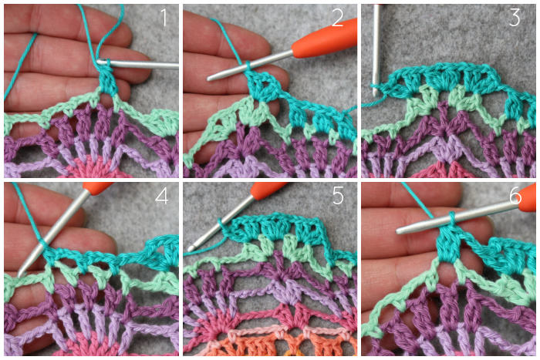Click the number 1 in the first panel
[x=164, y=18]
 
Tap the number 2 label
[x=338, y=18]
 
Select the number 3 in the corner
[x=515, y=18]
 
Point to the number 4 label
[x=161, y=196]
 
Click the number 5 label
[x=338, y=196]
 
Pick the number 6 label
[x=515, y=196]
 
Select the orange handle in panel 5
[x=268, y=190]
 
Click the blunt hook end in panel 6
[x=399, y=231]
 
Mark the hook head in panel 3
[x=375, y=90]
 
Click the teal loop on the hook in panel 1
[x=107, y=63]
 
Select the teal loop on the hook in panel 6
[x=451, y=219]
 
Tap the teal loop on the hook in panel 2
[x=248, y=66]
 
